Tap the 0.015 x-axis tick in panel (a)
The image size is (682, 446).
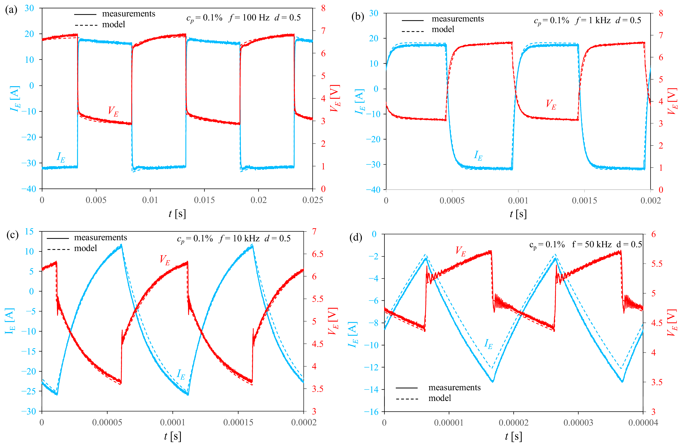pyautogui.click(x=204, y=200)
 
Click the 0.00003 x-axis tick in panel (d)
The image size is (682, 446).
pyautogui.click(x=578, y=423)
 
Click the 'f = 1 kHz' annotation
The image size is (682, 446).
pyautogui.click(x=592, y=20)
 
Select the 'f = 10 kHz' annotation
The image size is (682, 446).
pyautogui.click(x=239, y=238)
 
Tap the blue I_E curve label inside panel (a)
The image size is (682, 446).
pyautogui.click(x=61, y=157)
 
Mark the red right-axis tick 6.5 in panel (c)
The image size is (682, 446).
pyautogui.click(x=317, y=254)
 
